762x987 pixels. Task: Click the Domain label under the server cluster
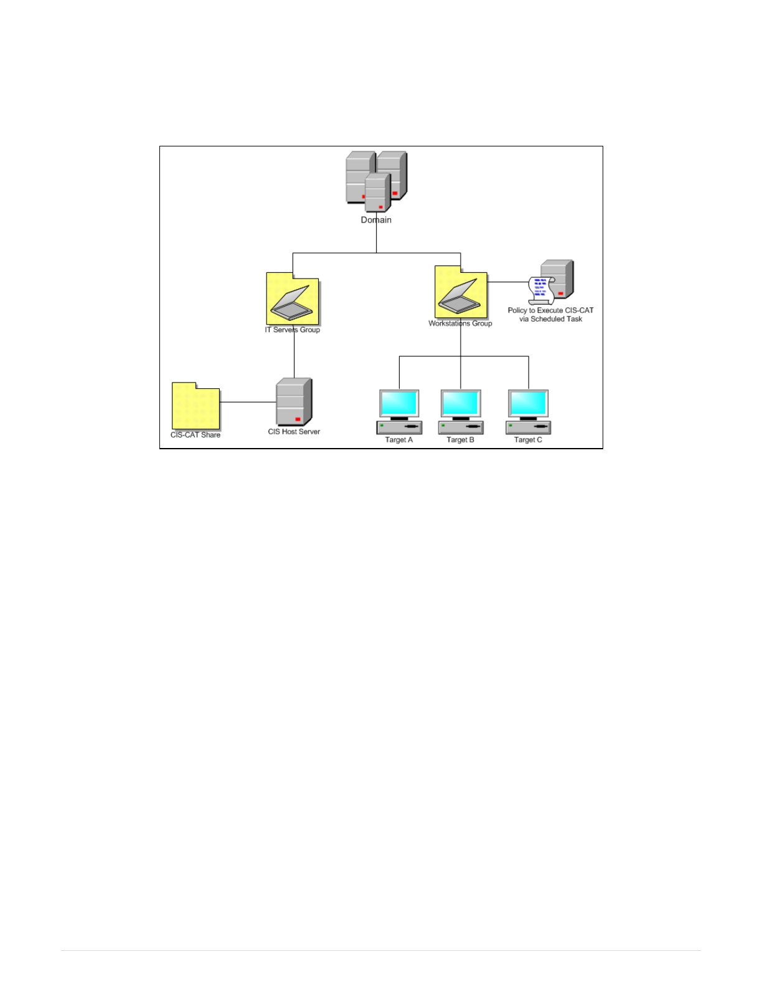[376, 220]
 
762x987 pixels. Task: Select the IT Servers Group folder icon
[293, 299]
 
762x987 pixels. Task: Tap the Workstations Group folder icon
[461, 293]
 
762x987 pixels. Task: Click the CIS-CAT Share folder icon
[195, 406]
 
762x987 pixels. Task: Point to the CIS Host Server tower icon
[294, 402]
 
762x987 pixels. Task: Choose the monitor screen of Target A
[399, 403]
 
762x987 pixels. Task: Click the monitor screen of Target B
[461, 403]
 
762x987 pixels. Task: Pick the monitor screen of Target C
[528, 403]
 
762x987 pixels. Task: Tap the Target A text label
[399, 440]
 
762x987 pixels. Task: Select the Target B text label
[461, 440]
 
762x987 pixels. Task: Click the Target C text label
[528, 440]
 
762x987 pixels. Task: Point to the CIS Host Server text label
[294, 432]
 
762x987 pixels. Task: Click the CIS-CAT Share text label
[195, 435]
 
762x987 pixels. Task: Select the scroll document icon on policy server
[540, 290]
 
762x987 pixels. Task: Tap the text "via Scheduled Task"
[551, 319]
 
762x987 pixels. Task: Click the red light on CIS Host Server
[298, 419]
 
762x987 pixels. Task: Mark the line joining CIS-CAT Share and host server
[248, 402]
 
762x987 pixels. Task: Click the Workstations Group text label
[460, 323]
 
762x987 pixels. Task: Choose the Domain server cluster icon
[376, 181]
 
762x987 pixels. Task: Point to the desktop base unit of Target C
[528, 427]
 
